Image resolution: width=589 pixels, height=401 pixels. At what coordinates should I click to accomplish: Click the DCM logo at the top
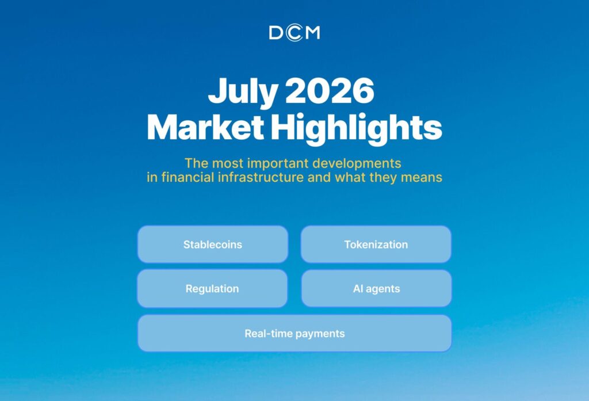click(x=294, y=33)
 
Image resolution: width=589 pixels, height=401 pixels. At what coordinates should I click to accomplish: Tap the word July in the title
click(x=243, y=91)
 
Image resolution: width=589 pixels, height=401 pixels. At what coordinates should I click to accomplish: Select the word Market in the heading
click(x=205, y=127)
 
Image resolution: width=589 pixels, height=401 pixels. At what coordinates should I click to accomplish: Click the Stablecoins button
click(x=213, y=245)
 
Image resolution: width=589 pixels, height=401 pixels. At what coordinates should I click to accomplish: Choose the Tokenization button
click(x=376, y=245)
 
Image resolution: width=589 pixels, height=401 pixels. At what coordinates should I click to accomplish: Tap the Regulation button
click(x=212, y=289)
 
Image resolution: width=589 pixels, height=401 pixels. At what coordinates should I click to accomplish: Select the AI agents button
click(x=376, y=289)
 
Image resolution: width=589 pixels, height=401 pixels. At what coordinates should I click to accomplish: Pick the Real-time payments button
click(x=294, y=333)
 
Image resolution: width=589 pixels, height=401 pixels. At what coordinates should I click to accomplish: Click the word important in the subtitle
click(x=278, y=164)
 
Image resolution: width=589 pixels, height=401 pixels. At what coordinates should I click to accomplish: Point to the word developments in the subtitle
click(x=357, y=164)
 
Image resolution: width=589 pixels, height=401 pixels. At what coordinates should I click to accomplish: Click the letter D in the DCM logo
click(x=276, y=33)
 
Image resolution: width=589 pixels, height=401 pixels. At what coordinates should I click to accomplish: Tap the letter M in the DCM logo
click(x=312, y=33)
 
